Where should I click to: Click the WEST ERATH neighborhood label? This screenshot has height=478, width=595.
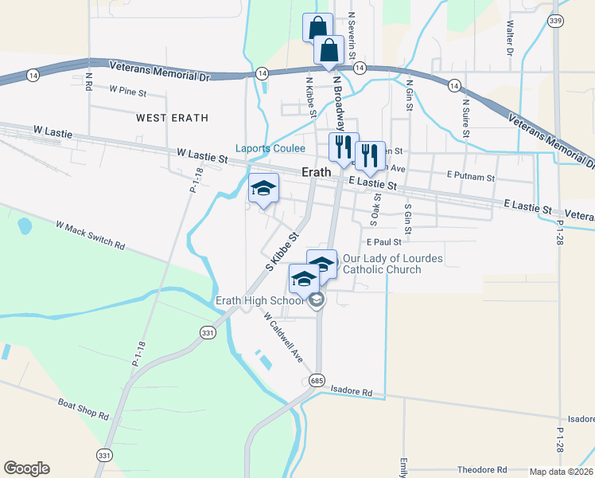tap(172, 118)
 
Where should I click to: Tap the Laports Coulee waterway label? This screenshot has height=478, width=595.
tap(270, 148)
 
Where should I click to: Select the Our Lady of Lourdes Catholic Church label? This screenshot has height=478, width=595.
tap(392, 264)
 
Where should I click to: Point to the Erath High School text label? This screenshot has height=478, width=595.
tap(259, 300)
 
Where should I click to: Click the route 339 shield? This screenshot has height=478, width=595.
tap(555, 21)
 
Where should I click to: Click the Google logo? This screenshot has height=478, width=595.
tap(26, 468)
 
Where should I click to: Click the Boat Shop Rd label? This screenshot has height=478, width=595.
tap(83, 409)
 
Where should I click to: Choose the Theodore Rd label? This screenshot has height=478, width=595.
tap(481, 470)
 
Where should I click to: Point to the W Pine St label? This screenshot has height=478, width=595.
tap(128, 92)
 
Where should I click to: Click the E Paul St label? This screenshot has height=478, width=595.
tap(383, 242)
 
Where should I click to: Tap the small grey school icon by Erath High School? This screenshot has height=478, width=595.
tap(317, 300)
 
